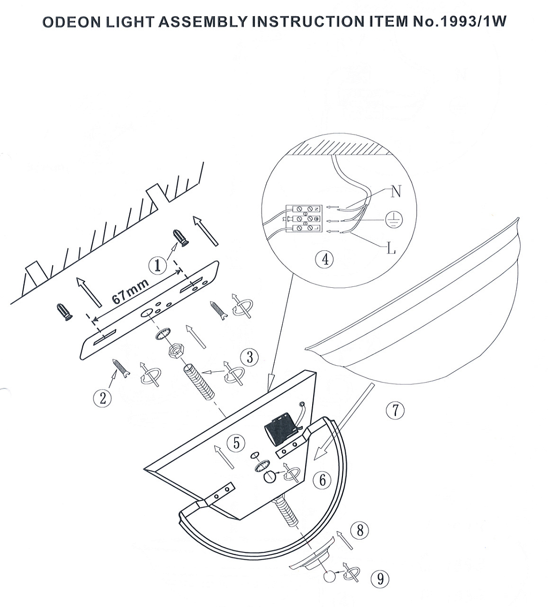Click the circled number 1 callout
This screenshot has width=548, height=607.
[158, 266]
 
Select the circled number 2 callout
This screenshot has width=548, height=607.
[103, 398]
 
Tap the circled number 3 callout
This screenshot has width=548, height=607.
[250, 357]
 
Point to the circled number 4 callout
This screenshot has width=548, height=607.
[325, 259]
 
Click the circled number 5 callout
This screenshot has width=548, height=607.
[236, 443]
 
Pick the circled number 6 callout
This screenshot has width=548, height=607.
[323, 480]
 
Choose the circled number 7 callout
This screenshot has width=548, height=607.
[395, 410]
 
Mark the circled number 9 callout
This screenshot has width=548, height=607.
[380, 579]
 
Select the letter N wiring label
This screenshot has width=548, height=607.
[396, 191]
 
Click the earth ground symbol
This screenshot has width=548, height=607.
[393, 220]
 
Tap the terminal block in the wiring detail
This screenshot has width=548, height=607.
[304, 218]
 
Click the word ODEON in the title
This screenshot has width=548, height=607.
[71, 22]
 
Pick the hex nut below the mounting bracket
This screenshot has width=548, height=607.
[174, 351]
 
